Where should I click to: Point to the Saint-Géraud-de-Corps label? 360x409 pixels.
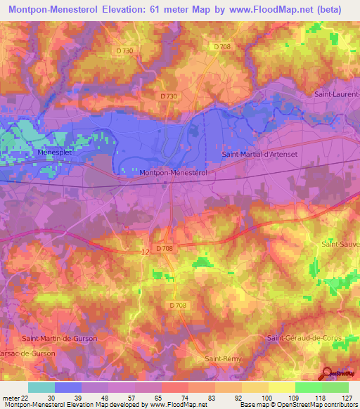tap(304, 338)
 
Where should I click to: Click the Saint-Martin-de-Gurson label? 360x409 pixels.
tap(60, 338)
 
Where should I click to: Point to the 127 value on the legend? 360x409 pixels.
tap(347, 396)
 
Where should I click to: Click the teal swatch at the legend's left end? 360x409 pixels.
tap(41, 387)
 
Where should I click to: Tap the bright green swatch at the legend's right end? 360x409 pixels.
tap(335, 387)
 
